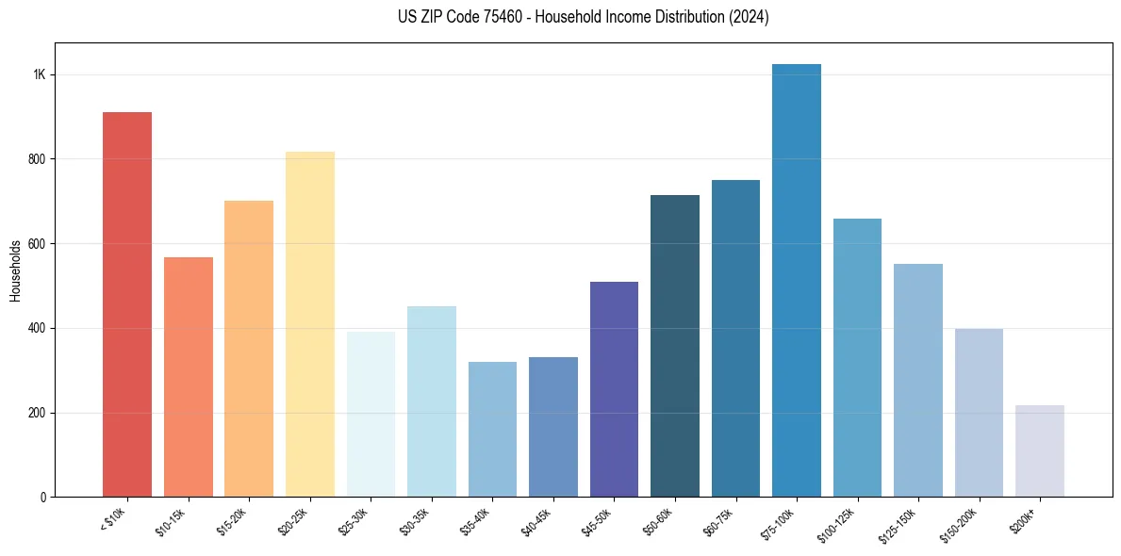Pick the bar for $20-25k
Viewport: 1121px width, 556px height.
pyautogui.click(x=310, y=324)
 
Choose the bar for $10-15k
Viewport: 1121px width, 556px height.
pyautogui.click(x=189, y=377)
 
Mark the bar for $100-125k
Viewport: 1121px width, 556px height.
pyautogui.click(x=857, y=357)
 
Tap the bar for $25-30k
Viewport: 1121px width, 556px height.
pyautogui.click(x=371, y=414)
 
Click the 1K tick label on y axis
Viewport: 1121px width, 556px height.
pyautogui.click(x=40, y=75)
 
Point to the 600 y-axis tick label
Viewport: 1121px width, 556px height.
pyautogui.click(x=37, y=244)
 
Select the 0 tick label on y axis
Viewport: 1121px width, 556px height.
pyautogui.click(x=43, y=498)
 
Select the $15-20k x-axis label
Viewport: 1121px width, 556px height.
pyautogui.click(x=233, y=521)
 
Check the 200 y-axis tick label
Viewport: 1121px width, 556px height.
pyautogui.click(x=37, y=413)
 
